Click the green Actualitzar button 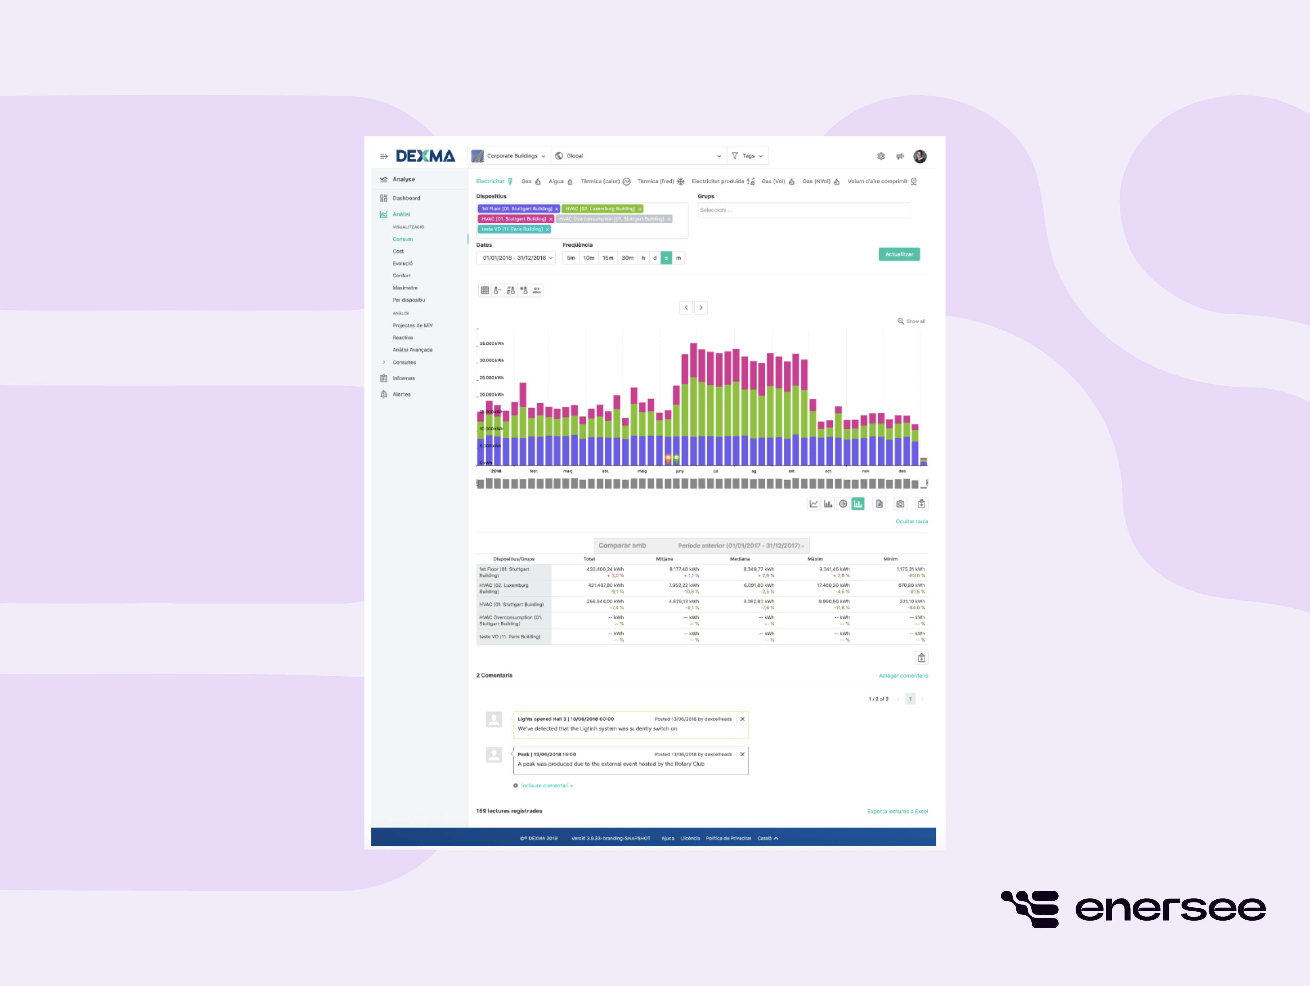tap(898, 254)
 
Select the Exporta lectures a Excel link tap(897, 811)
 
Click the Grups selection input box tap(803, 210)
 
